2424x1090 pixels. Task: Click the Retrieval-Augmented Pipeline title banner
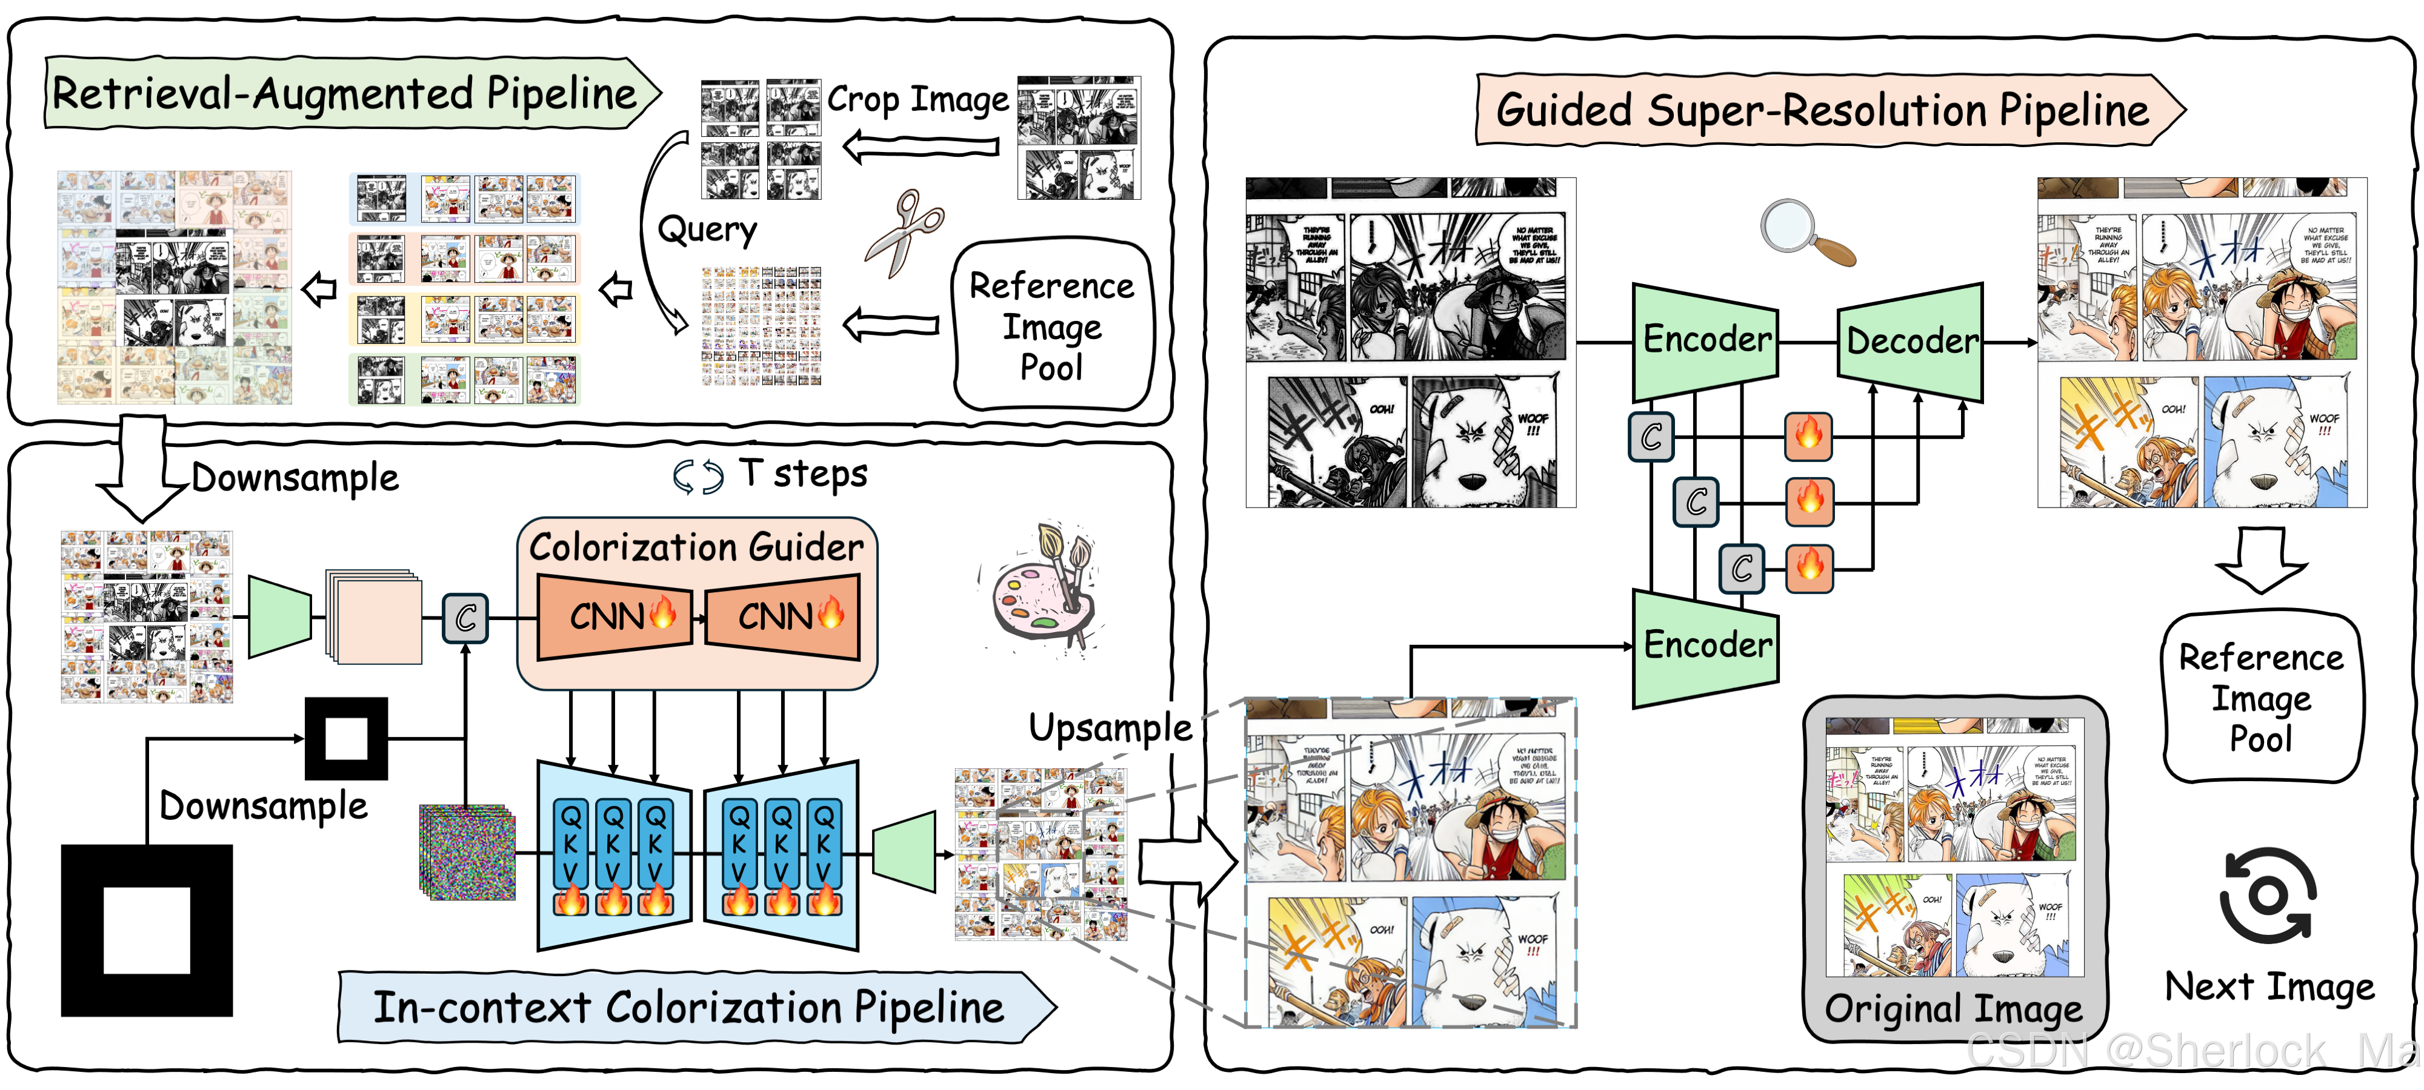pos(348,93)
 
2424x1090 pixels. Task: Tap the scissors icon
pos(904,233)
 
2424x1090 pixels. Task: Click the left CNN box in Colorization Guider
pos(616,617)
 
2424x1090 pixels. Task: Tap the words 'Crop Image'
pos(917,99)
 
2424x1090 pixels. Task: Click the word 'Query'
pos(707,230)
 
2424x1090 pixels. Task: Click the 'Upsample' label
pos(1110,728)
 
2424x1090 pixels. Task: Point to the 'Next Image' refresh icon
pos(2268,896)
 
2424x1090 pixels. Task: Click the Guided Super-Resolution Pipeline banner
pos(1823,110)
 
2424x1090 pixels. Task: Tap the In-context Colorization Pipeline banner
pos(689,1007)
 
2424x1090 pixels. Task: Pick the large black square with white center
pos(147,930)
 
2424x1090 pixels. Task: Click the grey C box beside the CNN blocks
pos(466,618)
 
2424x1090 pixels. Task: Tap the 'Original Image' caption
pos(1954,1009)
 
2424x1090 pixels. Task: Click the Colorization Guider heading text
pos(696,546)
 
